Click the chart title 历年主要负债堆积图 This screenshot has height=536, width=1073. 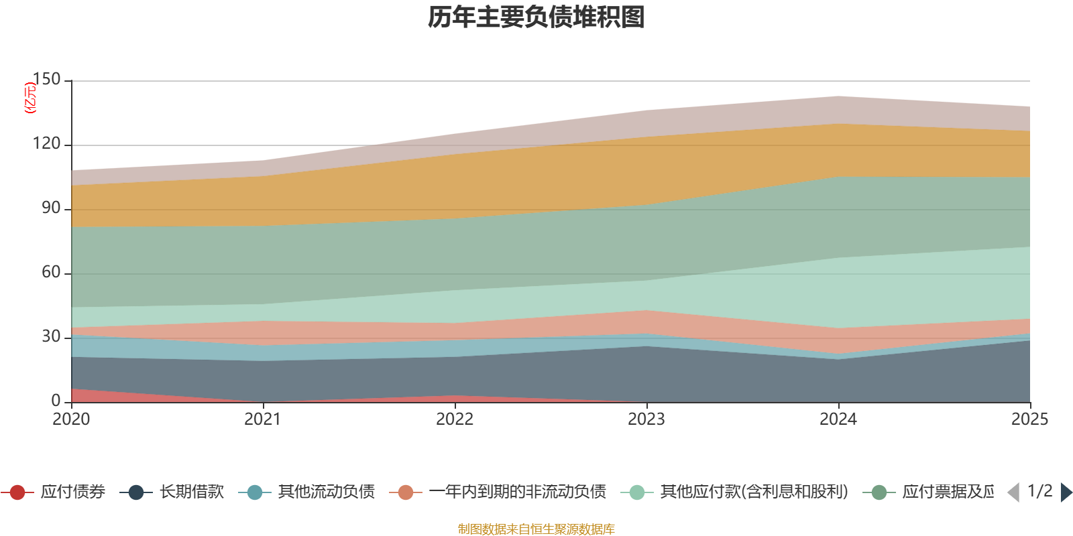536,17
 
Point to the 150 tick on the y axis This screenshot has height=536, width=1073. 46,80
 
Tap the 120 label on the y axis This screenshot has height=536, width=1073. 46,144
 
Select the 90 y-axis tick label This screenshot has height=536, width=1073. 51,208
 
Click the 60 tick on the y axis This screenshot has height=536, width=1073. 51,273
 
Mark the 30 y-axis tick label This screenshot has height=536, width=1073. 51,336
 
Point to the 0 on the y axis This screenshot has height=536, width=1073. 56,401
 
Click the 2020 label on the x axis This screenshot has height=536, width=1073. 71,419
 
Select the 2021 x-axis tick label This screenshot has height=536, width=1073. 263,419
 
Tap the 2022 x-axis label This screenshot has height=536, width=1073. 455,419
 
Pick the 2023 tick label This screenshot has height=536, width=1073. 646,419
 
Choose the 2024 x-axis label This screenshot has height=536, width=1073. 838,419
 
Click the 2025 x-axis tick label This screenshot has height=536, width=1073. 1029,419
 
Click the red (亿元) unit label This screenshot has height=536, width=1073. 30,98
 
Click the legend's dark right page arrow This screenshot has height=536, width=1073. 1066,492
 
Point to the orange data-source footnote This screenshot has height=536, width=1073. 536,529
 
